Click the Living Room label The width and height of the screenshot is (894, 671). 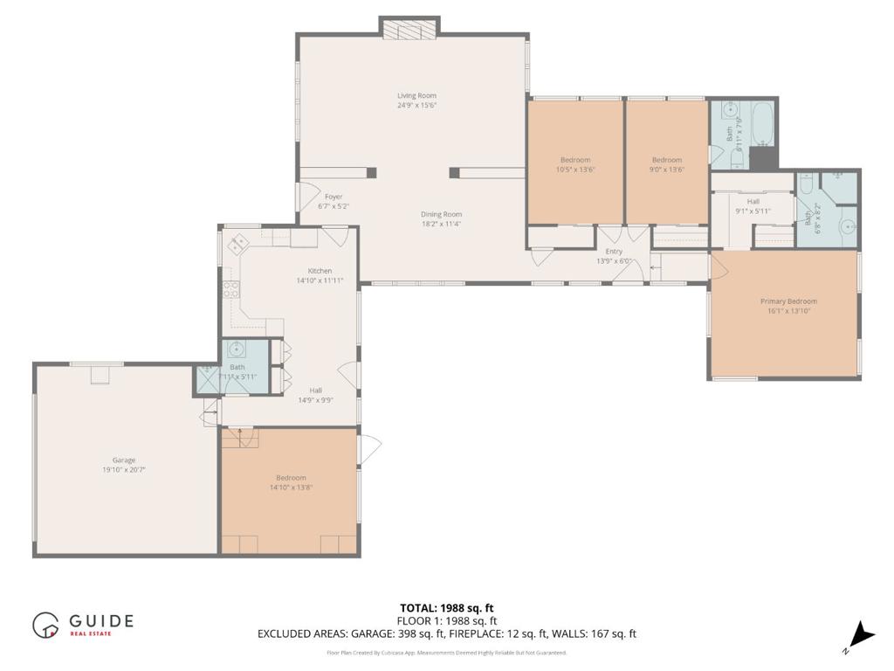pyautogui.click(x=416, y=96)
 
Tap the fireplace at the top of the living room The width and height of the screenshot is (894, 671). pyautogui.click(x=409, y=28)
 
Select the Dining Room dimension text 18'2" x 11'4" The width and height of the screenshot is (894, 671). pyautogui.click(x=441, y=224)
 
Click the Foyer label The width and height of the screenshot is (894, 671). pyautogui.click(x=334, y=197)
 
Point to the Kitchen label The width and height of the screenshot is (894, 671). pyautogui.click(x=320, y=271)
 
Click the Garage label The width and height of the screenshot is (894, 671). pyautogui.click(x=123, y=460)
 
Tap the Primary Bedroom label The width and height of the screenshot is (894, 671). pyautogui.click(x=788, y=301)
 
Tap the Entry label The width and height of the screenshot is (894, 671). pyautogui.click(x=614, y=252)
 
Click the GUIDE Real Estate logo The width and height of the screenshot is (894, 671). pyautogui.click(x=83, y=624)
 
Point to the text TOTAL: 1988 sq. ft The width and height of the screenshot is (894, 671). pyautogui.click(x=446, y=608)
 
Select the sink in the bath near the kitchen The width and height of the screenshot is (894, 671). pyautogui.click(x=237, y=350)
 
